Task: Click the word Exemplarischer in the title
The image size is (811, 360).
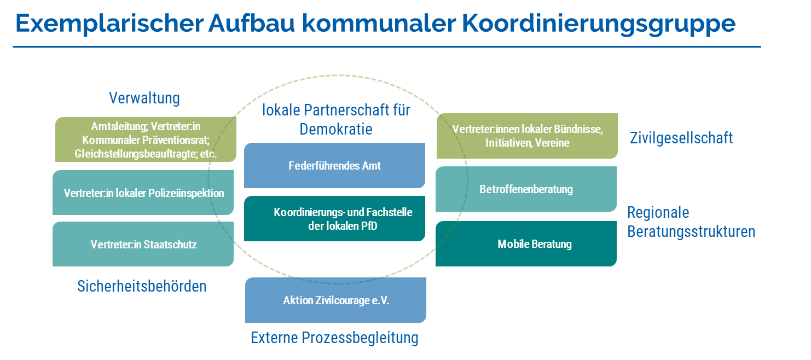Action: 109,23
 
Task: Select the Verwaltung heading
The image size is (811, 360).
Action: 144,98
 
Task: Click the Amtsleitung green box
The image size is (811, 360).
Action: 146,140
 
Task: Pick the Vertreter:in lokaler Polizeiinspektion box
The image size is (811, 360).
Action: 143,193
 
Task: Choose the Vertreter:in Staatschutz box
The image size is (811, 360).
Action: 143,244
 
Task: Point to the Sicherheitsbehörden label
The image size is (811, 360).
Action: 142,286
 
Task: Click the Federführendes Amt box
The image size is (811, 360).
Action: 334,165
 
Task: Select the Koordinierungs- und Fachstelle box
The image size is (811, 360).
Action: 334,218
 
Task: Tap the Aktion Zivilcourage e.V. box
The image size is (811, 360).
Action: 335,300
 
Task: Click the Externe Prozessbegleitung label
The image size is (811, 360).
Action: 334,338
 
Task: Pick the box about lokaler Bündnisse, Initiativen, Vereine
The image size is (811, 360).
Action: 527,136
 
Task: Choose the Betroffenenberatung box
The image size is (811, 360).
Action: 526,189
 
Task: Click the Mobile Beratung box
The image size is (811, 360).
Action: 526,243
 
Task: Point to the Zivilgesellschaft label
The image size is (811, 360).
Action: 681,138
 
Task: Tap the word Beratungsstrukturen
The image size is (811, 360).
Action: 691,231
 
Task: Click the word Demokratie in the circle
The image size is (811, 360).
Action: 336,129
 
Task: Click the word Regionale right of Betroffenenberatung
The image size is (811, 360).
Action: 658,213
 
